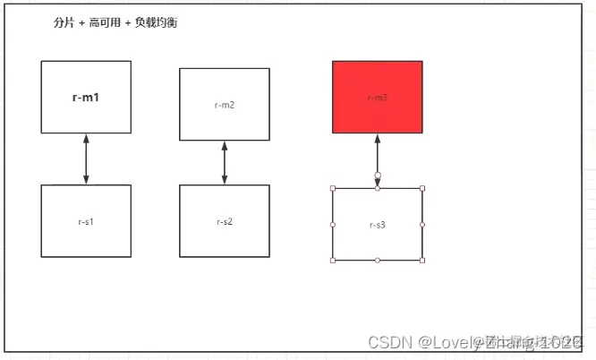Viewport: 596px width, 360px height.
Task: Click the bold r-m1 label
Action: pyautogui.click(x=86, y=97)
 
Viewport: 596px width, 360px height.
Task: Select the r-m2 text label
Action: pyautogui.click(x=224, y=105)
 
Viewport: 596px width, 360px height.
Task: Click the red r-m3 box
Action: pyautogui.click(x=377, y=97)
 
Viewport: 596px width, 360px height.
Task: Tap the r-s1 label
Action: pyautogui.click(x=86, y=221)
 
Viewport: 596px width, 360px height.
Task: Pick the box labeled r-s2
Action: pyautogui.click(x=224, y=221)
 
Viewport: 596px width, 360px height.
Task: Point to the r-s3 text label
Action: pyautogui.click(x=377, y=225)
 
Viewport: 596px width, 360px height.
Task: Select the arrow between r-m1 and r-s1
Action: pyautogui.click(x=86, y=159)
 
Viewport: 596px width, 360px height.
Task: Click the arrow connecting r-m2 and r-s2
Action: pyautogui.click(x=224, y=162)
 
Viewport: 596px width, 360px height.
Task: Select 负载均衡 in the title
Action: pyautogui.click(x=156, y=22)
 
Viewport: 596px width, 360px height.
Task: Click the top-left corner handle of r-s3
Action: pyautogui.click(x=333, y=188)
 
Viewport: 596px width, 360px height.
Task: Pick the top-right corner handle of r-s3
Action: pyautogui.click(x=421, y=188)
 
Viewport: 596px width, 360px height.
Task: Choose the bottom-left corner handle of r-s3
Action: pyautogui.click(x=333, y=260)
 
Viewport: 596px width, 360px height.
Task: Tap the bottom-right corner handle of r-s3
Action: pyautogui.click(x=421, y=260)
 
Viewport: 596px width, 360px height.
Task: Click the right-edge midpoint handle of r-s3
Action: pyautogui.click(x=421, y=224)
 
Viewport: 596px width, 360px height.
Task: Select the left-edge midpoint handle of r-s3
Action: pyautogui.click(x=333, y=224)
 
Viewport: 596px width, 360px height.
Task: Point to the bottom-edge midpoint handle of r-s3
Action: pyautogui.click(x=378, y=260)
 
